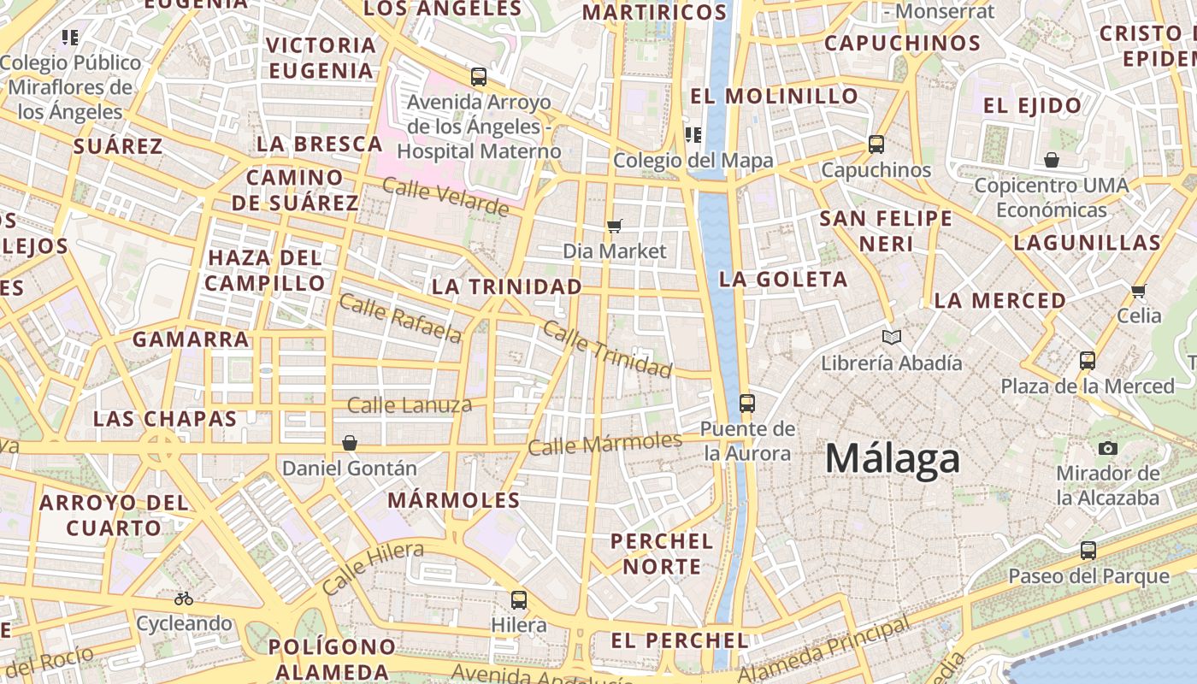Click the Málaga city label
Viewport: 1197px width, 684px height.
892,459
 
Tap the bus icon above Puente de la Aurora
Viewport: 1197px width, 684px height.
747,403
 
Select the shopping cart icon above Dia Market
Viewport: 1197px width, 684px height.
614,227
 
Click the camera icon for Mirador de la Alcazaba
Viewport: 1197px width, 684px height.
1107,448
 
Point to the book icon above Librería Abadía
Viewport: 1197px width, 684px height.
892,338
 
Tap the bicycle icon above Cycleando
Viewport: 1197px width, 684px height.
184,598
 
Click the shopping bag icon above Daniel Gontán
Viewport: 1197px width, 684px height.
349,443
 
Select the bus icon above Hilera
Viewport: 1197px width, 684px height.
518,599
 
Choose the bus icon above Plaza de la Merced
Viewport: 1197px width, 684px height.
1087,361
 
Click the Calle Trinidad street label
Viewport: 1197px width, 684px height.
607,349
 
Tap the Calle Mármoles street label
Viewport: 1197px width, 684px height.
604,444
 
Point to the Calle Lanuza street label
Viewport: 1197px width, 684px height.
410,405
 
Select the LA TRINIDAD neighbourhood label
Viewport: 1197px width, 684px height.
507,286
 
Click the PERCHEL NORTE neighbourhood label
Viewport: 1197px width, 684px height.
662,553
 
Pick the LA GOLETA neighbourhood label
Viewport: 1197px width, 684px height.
783,279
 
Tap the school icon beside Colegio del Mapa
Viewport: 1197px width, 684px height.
693,135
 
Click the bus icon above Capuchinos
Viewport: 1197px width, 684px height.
876,144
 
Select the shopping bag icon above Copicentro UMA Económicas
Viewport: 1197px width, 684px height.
1051,160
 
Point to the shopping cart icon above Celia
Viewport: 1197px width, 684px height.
1138,292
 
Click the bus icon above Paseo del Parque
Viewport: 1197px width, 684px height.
1088,551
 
